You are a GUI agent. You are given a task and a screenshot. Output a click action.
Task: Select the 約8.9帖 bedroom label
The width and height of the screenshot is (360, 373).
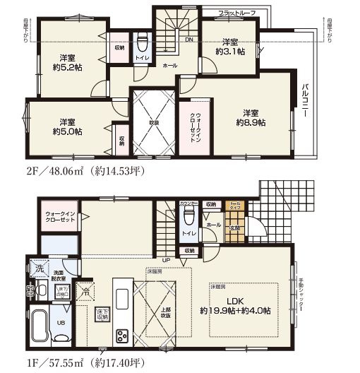250,118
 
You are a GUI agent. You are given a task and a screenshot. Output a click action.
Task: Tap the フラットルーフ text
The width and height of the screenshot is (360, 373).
236,13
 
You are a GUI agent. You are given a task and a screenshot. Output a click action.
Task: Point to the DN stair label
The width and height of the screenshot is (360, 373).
189,40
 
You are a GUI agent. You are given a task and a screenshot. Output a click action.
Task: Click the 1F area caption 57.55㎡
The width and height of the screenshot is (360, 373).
71,363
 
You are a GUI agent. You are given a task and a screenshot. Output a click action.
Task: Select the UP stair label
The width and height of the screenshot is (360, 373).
165,260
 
